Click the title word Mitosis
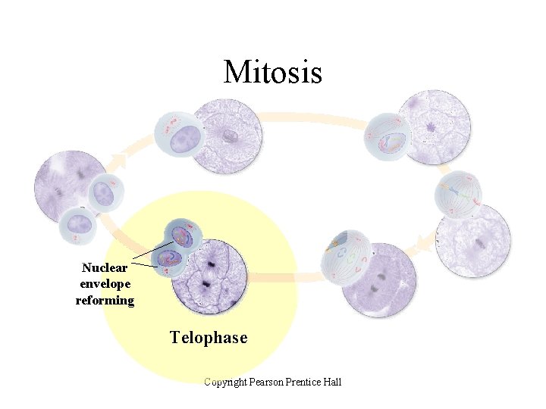point(273,72)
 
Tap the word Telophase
point(209,338)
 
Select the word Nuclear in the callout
point(105,267)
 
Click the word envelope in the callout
point(105,283)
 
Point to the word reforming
point(105,300)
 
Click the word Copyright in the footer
point(230,382)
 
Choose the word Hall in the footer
point(332,382)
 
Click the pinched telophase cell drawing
point(177,246)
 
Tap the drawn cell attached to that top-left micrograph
point(177,136)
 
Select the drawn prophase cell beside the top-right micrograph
point(388,137)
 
